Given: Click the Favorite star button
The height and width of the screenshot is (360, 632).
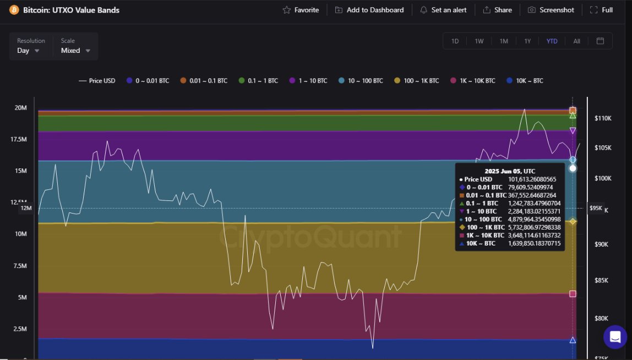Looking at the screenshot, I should (x=301, y=10).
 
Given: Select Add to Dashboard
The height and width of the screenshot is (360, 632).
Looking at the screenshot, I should (x=369, y=10).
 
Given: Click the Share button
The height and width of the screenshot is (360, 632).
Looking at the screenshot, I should (x=497, y=10).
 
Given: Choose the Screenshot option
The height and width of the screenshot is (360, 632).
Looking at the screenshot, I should (x=551, y=10).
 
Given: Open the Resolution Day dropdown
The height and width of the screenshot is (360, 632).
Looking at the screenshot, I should (x=28, y=50).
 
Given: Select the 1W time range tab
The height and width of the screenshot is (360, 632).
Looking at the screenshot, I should (x=479, y=41).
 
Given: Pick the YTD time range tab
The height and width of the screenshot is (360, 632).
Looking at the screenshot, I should (x=552, y=41).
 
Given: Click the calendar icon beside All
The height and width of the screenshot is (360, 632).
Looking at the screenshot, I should (x=601, y=41).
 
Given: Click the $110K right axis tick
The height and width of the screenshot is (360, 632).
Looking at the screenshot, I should (x=603, y=118).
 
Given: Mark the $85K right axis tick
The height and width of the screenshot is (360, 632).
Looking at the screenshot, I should (x=603, y=281).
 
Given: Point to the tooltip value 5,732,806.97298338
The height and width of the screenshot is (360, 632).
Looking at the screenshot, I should (x=535, y=227).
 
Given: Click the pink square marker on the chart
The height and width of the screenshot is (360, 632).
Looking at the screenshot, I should (x=573, y=294).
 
